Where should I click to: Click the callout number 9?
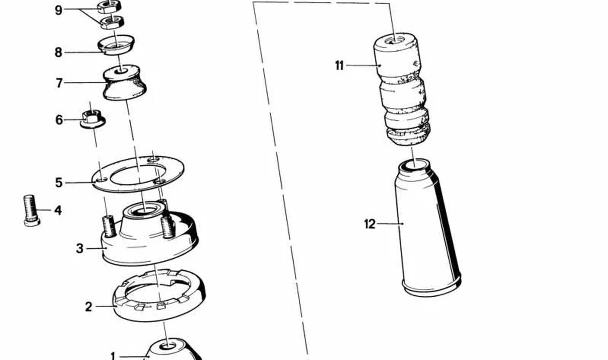tap(59, 10)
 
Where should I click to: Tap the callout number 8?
tap(58, 53)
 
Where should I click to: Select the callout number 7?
tap(59, 83)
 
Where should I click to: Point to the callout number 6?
tap(59, 120)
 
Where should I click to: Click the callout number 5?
tap(59, 183)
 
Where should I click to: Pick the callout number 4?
tap(58, 210)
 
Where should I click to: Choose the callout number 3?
tap(80, 248)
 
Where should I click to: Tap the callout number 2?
tap(89, 307)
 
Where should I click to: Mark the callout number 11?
tap(339, 65)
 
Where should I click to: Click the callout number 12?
tap(369, 224)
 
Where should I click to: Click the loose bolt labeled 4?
tap(32, 210)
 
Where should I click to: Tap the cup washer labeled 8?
tap(116, 45)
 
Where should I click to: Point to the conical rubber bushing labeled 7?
tap(124, 82)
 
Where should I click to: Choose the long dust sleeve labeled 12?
tap(428, 228)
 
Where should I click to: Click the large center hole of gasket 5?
tap(138, 175)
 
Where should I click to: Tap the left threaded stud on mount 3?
tap(109, 226)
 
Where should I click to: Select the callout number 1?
tap(113, 356)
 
